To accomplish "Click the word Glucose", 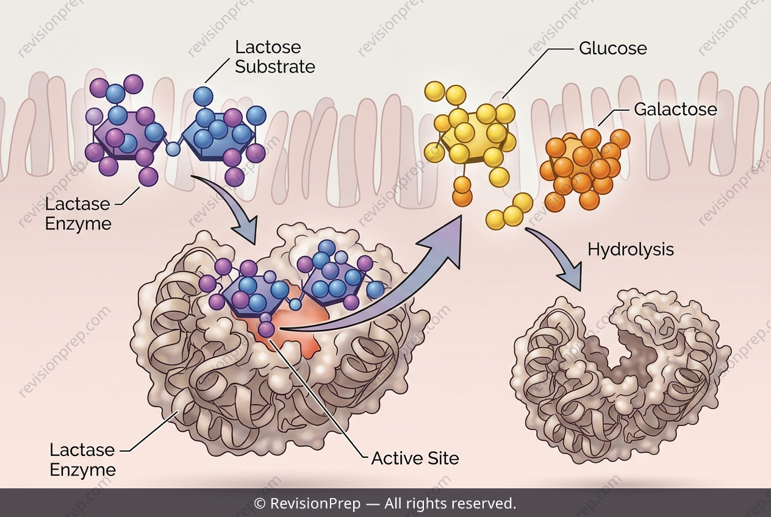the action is point(612,49).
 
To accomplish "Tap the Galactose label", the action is point(676,109).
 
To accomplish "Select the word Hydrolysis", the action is point(631,249).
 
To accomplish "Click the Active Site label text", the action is point(415,458).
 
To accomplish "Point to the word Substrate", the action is point(275,66).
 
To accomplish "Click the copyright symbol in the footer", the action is point(259,504).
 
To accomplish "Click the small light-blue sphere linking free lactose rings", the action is point(173,149).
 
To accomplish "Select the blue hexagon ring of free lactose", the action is point(219,138).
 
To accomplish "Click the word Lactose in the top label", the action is point(268,48).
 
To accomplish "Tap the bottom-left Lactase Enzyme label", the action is point(82,460).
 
